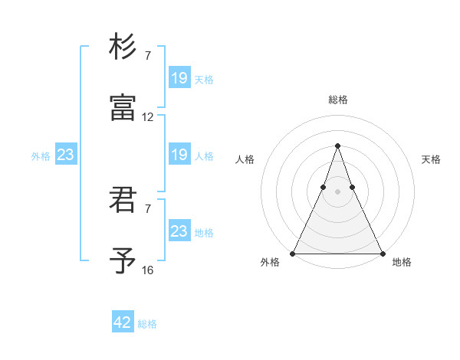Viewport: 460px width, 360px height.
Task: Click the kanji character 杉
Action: (123, 47)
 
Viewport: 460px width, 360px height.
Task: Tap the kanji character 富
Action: (123, 108)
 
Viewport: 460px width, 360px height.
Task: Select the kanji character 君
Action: (123, 200)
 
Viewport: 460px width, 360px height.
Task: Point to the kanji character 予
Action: (123, 261)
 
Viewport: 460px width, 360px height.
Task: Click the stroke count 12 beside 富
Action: (148, 117)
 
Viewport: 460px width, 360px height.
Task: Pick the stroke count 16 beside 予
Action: (148, 270)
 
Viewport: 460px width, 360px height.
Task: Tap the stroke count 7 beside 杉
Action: (148, 56)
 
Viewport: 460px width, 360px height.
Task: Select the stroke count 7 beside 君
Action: (148, 209)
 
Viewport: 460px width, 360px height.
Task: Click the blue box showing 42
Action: (123, 322)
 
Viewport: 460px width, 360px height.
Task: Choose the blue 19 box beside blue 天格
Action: (179, 77)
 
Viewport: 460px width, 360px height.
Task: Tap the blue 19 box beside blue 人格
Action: (179, 155)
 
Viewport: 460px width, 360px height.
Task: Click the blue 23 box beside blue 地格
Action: (179, 231)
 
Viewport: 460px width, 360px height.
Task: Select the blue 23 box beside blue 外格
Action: (65, 155)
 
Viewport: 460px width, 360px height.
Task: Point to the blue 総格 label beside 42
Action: (147, 324)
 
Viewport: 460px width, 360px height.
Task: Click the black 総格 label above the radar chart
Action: (338, 100)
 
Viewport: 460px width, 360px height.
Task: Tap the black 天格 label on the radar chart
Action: (431, 159)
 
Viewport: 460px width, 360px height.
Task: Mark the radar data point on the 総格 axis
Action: (337, 146)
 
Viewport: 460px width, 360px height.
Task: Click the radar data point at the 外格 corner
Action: (293, 253)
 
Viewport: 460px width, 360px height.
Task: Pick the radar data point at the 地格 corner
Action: (382, 253)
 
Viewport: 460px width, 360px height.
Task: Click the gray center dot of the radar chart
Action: (337, 191)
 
